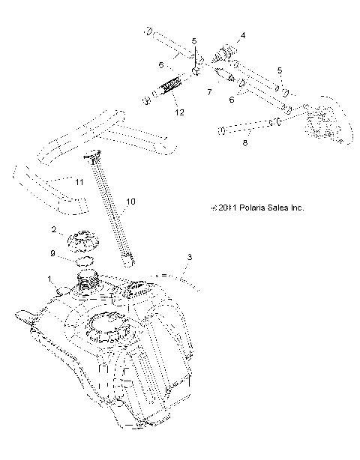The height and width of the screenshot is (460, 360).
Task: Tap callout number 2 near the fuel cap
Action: coord(53,229)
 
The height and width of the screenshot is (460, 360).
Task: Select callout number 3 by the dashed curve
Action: coord(190,258)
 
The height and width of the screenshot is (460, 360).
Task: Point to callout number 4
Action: coord(242,35)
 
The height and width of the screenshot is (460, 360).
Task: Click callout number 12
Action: coord(177,112)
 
